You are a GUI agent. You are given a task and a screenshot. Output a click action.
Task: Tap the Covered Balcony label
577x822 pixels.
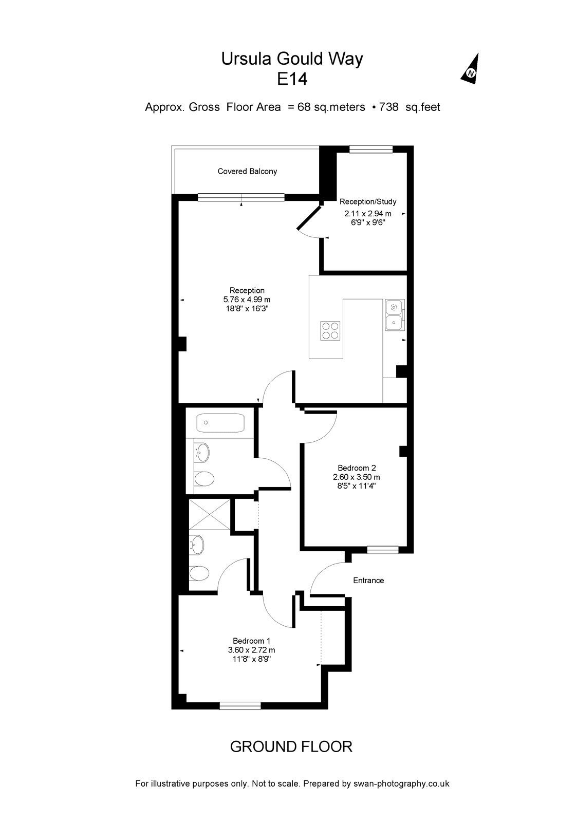coord(247,172)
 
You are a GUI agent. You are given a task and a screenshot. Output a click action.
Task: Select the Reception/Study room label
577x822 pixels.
coord(368,201)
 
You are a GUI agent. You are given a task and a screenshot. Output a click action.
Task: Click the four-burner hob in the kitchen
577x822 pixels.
coord(330,331)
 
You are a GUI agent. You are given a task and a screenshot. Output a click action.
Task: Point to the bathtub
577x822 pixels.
coord(220,423)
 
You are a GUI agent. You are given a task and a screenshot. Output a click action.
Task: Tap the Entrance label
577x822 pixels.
coord(368,580)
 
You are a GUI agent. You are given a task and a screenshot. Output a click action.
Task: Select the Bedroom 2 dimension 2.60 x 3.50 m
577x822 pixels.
coord(357,477)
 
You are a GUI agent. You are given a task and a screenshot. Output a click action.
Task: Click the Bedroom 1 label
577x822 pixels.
coord(251,641)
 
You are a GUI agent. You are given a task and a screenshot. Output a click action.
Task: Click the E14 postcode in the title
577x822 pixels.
coord(292,79)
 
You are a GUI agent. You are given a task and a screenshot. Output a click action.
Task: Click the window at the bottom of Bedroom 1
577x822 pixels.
coord(240,705)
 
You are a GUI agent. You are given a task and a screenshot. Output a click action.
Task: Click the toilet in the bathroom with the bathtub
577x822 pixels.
coord(203,478)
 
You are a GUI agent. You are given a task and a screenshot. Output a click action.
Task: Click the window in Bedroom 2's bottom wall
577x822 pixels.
coord(383,549)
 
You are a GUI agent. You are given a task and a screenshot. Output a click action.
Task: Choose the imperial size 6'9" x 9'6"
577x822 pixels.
coord(368,222)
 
